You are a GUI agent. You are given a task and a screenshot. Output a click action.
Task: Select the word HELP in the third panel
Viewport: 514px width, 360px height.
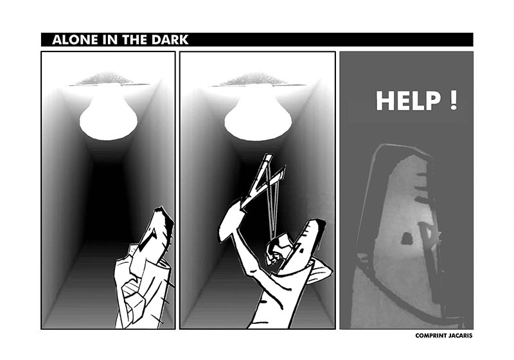(x=409, y=101)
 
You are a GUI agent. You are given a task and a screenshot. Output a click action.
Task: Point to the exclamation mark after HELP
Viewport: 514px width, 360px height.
(x=454, y=100)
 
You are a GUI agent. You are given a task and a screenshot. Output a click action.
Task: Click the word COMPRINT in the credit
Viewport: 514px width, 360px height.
(x=430, y=336)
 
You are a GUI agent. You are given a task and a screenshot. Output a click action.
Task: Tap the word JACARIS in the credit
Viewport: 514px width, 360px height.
(x=460, y=336)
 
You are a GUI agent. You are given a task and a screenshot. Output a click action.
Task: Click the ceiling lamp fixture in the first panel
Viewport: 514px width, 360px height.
(x=105, y=80)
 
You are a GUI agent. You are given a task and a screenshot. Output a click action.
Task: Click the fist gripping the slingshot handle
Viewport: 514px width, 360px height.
(x=231, y=221)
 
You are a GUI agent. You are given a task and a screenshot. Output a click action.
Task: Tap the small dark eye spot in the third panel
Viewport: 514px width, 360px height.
(x=407, y=239)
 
